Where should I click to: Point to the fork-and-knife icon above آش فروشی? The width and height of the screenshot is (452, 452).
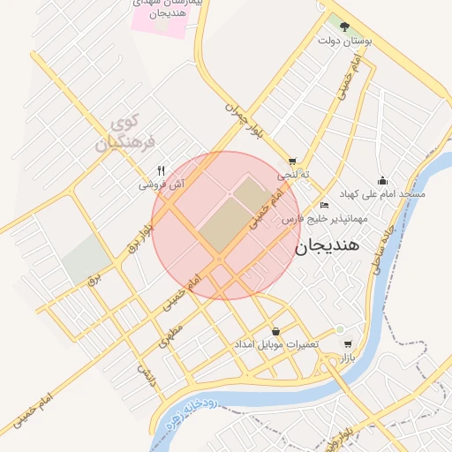coord(161,171)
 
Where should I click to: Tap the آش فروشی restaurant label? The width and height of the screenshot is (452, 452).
coord(162,185)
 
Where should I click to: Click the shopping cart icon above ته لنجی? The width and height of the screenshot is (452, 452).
coord(292,162)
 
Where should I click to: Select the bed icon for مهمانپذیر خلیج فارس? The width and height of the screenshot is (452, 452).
coord(325,205)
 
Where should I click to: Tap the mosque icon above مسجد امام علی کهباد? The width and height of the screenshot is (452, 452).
coord(382,180)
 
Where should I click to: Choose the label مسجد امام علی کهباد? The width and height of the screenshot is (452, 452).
coord(388,193)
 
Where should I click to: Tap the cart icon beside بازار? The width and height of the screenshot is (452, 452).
coord(348,345)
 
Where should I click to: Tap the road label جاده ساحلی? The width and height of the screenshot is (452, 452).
coord(387,251)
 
